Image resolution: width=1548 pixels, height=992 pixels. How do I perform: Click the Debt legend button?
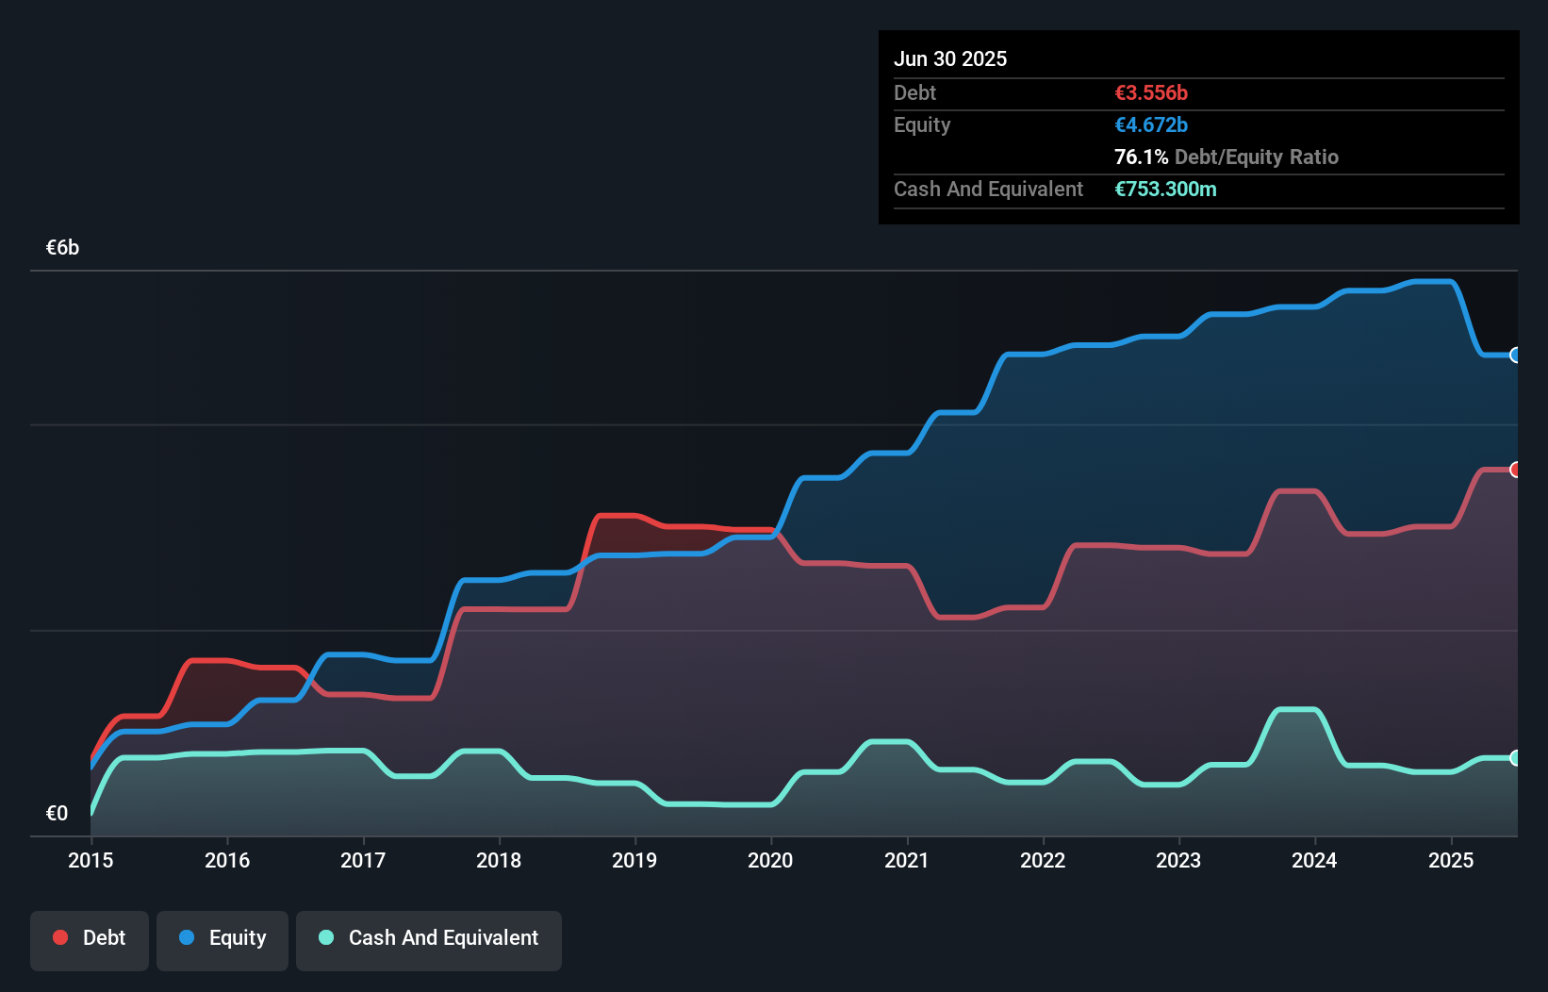90,939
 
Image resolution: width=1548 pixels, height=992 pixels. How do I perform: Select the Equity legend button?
222,939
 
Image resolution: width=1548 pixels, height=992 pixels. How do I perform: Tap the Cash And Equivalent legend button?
429,939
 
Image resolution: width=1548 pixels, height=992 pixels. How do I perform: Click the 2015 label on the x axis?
91,860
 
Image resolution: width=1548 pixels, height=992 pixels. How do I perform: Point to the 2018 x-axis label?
499,860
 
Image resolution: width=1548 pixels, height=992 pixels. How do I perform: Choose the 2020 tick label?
770,860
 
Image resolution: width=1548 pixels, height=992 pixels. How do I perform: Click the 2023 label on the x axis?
1178,860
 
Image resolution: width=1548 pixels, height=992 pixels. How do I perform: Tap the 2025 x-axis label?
1450,860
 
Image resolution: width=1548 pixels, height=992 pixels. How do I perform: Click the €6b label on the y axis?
62,248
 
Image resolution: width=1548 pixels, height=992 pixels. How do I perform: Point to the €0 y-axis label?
57,813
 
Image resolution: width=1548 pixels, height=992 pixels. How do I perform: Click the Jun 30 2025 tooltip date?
950,58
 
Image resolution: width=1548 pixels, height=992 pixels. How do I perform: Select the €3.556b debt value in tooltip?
1151,92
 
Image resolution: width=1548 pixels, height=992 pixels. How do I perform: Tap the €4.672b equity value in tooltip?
1151,124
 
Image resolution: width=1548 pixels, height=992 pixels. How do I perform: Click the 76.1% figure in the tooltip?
1141,157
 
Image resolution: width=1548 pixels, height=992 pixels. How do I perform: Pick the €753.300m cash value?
1165,189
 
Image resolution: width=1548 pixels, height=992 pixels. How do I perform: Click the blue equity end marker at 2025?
1515,355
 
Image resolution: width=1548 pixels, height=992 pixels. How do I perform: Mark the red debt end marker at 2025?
1515,470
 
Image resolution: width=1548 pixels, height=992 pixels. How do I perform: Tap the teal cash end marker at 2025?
1515,758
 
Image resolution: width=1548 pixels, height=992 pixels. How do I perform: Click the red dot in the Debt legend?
60,937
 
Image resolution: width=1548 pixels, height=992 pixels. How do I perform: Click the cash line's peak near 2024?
1296,709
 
